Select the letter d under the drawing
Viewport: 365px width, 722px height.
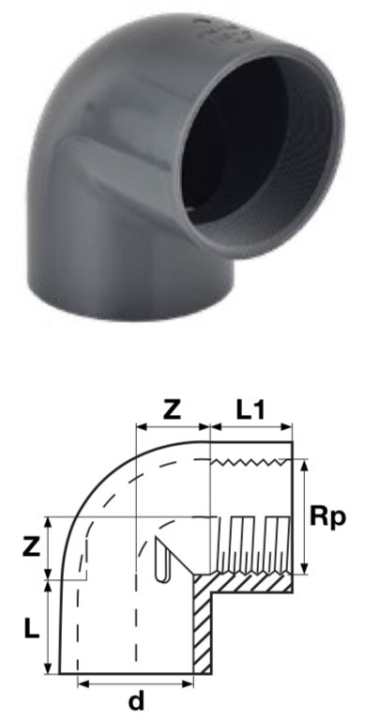click(x=137, y=700)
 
